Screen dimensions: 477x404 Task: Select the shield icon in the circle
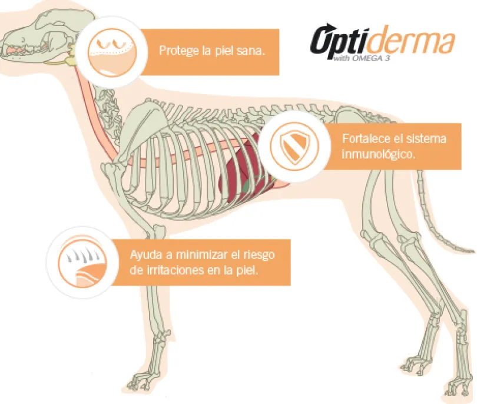pos(294,147)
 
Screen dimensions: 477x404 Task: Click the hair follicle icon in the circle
pos(82,263)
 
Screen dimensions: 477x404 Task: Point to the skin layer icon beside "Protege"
pos(112,52)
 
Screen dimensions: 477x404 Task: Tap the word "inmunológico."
pos(378,154)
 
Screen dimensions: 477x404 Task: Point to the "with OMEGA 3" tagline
pos(361,58)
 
